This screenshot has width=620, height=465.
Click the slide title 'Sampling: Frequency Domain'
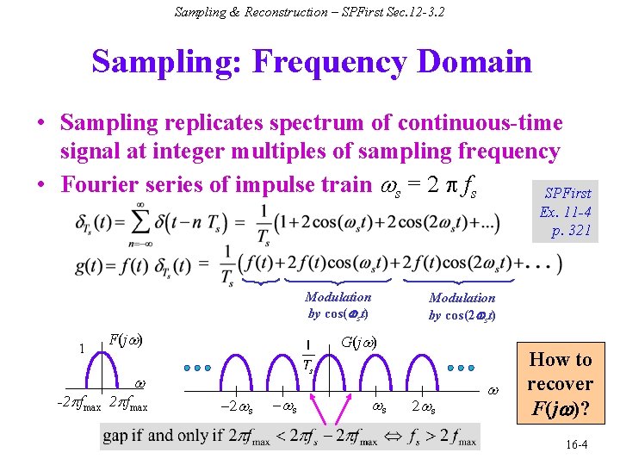(311, 62)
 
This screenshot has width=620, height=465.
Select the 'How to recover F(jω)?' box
(560, 383)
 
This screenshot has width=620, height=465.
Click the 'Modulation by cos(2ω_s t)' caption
(462, 306)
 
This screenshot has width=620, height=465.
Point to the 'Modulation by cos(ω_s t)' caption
(338, 305)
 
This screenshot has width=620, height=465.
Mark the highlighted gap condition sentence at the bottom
(290, 437)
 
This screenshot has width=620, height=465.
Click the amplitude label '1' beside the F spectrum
(81, 350)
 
